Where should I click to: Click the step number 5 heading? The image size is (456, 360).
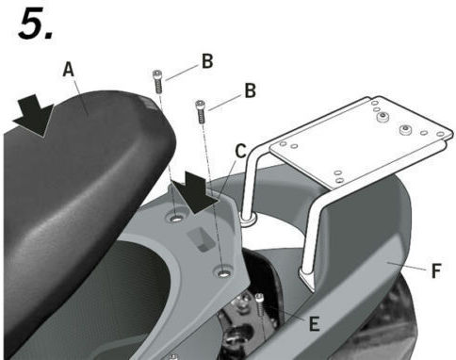(36, 24)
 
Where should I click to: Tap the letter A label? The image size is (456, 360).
(69, 70)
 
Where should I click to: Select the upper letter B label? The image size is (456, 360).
(207, 61)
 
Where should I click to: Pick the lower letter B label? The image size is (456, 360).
(250, 90)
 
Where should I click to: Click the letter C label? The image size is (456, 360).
(241, 152)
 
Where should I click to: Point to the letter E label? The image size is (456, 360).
(314, 323)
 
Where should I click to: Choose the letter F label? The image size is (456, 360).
(436, 270)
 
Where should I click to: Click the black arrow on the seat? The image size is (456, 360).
(34, 116)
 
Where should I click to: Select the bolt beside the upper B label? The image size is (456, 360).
(158, 82)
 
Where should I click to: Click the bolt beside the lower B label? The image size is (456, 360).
(201, 112)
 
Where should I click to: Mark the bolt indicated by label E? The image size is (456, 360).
(260, 304)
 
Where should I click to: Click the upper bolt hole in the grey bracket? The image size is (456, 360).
(177, 218)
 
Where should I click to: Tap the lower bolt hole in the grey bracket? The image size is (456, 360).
(224, 272)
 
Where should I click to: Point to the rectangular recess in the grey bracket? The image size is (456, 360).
(201, 238)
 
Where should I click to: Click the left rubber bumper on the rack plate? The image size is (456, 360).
(383, 118)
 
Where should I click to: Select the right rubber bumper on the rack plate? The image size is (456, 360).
(406, 130)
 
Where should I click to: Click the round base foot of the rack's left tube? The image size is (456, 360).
(249, 218)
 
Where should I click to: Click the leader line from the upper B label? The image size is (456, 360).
(182, 73)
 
